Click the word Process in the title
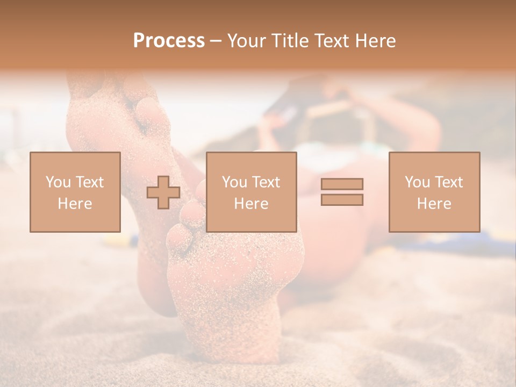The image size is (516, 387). (x=169, y=41)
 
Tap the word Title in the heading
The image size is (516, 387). (x=291, y=41)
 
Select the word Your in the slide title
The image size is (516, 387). (x=247, y=41)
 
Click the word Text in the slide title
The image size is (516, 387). (x=330, y=41)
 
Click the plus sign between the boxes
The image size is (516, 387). (x=163, y=192)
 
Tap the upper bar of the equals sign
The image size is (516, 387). (x=342, y=184)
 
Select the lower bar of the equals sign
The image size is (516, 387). (x=342, y=199)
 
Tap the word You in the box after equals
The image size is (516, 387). (x=417, y=182)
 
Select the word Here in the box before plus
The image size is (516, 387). (x=75, y=204)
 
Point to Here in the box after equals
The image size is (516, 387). (x=434, y=204)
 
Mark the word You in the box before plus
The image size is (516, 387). (x=58, y=182)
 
